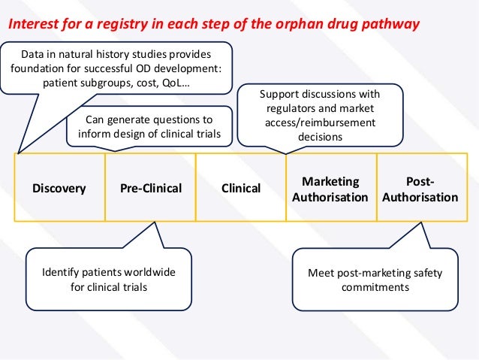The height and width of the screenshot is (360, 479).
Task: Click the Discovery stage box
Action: coord(59,188)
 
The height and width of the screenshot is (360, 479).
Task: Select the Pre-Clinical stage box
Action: coord(151,188)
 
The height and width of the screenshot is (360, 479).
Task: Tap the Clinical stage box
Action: coord(241,188)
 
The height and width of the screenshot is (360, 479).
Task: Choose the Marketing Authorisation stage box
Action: coord(330,189)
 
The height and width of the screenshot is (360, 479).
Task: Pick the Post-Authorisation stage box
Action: coord(420,189)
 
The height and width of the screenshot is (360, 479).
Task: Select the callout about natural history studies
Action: coord(116,68)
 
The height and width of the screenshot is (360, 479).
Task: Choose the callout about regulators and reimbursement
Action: coord(320,116)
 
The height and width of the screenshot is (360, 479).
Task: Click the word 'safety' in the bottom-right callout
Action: coord(428,272)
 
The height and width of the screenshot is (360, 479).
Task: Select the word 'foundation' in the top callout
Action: coord(38,69)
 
